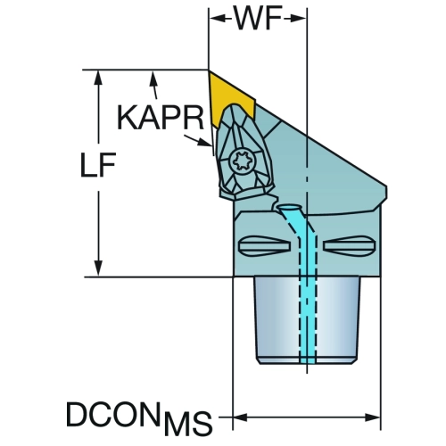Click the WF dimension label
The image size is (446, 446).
(258, 19)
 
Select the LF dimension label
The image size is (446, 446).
(98, 165)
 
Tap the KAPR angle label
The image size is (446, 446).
(161, 118)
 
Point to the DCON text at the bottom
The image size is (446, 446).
(111, 414)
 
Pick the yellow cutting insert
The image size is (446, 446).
(230, 96)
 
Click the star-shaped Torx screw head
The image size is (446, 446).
(243, 162)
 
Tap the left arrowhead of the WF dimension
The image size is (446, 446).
(218, 19)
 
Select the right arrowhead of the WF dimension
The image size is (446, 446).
(298, 19)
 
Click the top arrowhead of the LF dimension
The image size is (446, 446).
(98, 78)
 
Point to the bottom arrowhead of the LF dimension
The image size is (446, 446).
(98, 268)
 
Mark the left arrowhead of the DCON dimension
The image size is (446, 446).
(240, 417)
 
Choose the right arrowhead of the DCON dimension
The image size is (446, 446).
(373, 417)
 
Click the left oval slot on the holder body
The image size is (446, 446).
(264, 245)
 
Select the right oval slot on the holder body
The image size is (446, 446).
(350, 245)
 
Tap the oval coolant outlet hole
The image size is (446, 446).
(288, 207)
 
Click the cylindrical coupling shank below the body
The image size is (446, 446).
(307, 320)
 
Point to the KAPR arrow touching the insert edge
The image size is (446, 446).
(198, 141)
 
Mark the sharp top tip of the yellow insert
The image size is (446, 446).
(209, 71)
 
